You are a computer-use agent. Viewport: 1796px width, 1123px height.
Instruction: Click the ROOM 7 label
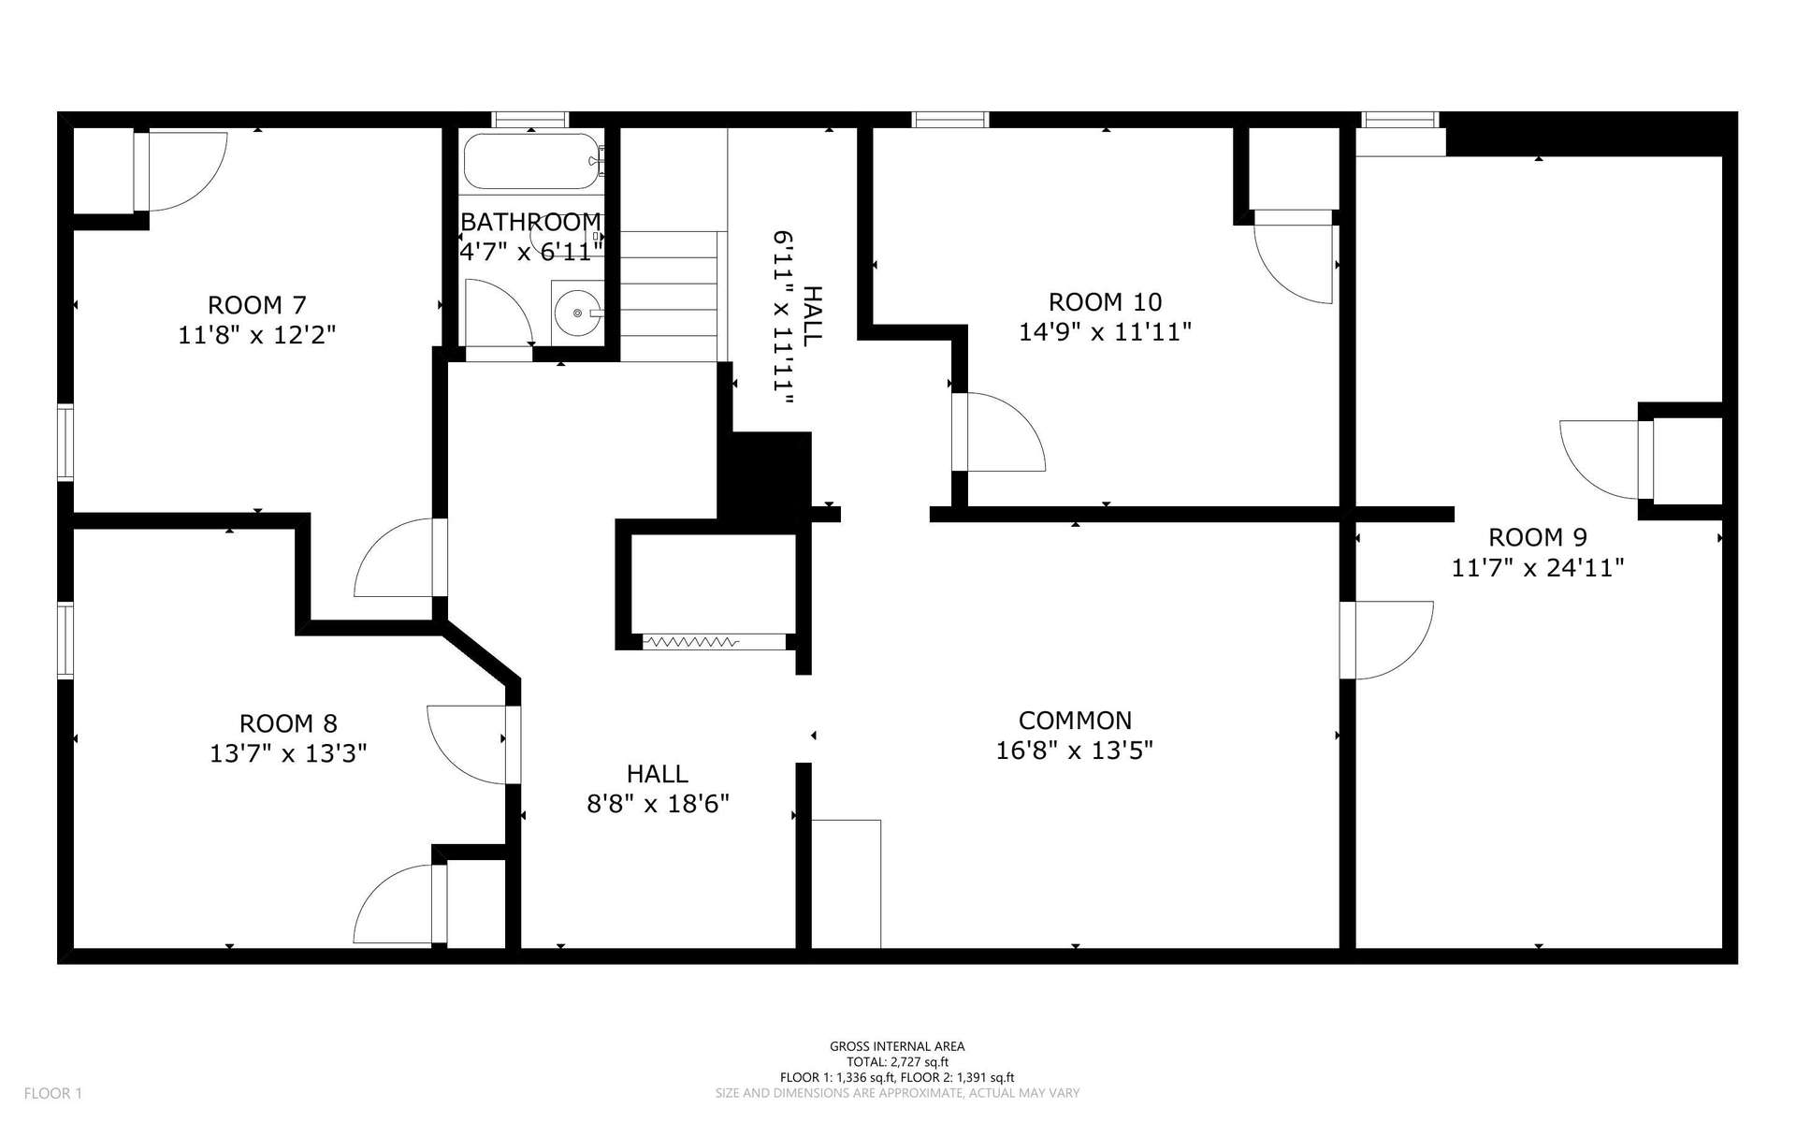[x=256, y=305]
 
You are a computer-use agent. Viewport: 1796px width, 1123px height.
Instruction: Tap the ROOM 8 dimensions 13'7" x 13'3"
[x=288, y=753]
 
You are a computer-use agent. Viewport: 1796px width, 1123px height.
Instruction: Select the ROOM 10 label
[x=1105, y=302]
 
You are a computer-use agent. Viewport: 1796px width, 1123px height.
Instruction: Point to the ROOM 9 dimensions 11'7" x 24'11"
[x=1537, y=567]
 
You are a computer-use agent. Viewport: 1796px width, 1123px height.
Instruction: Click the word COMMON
[x=1075, y=721]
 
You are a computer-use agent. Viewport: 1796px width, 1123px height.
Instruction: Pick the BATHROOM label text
[x=530, y=222]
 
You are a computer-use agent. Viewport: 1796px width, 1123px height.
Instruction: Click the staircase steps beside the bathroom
[x=669, y=296]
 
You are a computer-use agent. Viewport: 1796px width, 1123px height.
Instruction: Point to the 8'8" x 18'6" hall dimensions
[x=659, y=804]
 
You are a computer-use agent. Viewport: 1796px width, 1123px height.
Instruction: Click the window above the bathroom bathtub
[x=530, y=119]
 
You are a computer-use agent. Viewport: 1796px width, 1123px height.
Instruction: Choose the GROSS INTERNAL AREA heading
[x=897, y=1047]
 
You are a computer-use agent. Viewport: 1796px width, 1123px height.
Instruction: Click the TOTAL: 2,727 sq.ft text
[x=897, y=1061]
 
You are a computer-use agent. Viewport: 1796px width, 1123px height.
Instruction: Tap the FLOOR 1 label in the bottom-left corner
[x=53, y=1093]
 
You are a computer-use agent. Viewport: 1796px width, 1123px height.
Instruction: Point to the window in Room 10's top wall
[x=950, y=119]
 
